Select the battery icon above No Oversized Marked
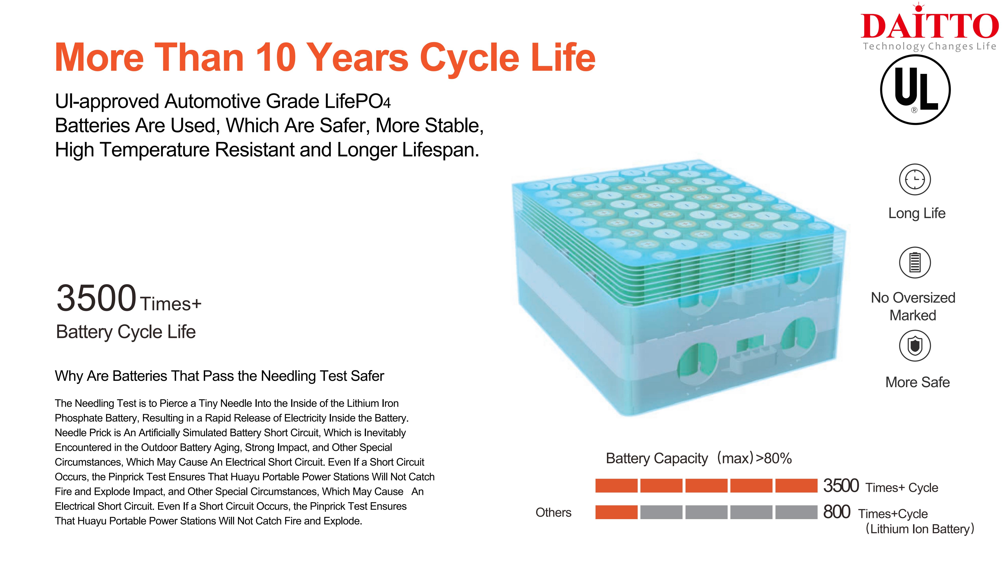(x=915, y=263)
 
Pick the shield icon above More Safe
(x=915, y=346)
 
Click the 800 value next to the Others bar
(x=836, y=512)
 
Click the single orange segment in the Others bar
(x=616, y=512)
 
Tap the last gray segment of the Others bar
(x=796, y=512)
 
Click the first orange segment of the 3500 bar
(x=616, y=485)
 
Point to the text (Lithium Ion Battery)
(x=920, y=529)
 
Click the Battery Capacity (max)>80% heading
(x=699, y=458)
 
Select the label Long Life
(x=917, y=213)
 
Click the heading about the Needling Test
(x=220, y=376)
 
